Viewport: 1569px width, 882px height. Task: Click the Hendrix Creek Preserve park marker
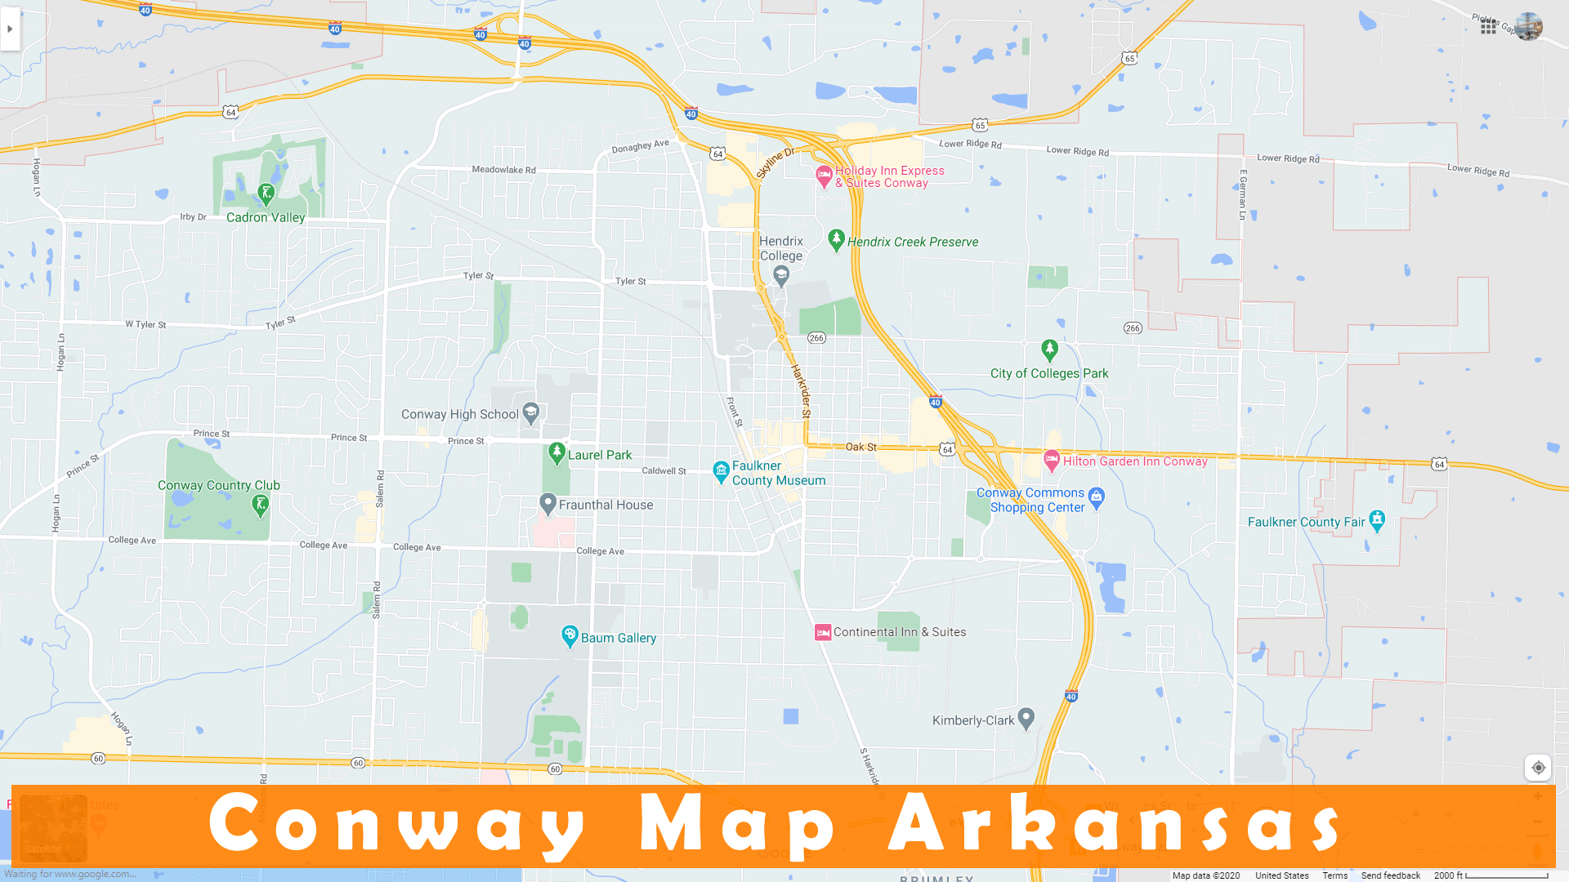[835, 239]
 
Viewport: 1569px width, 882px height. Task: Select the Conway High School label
[459, 415]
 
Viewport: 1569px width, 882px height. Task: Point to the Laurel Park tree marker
[557, 452]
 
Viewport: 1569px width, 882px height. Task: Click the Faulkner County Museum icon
[721, 471]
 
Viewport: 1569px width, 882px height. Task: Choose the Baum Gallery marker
[570, 635]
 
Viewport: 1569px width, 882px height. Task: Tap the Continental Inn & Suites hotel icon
[823, 633]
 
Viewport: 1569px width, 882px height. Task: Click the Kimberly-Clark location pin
[1026, 718]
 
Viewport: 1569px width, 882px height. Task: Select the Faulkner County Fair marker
[1377, 519]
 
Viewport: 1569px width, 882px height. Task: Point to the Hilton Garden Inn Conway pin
[1052, 460]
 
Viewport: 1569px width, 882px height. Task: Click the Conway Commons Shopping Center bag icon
[1097, 497]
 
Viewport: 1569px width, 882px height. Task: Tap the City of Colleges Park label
[1049, 374]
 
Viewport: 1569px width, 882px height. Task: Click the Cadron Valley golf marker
[266, 194]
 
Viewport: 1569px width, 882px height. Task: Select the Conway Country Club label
[219, 486]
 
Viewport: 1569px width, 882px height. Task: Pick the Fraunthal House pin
[548, 503]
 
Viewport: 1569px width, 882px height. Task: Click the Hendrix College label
[781, 248]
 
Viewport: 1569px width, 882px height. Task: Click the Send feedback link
[1390, 875]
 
